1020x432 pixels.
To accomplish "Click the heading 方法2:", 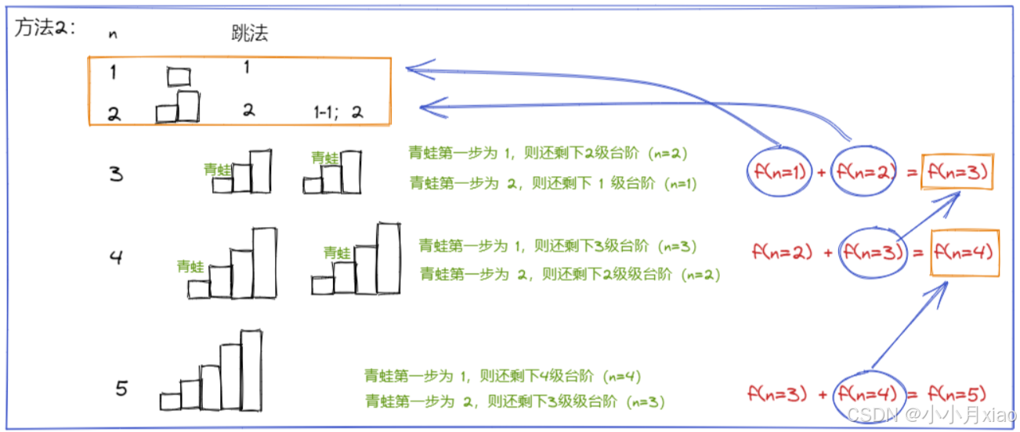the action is coord(44,29).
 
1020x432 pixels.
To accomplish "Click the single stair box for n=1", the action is coord(179,77).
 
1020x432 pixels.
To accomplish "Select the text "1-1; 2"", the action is coord(338,112).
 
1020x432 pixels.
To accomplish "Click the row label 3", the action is coord(116,174).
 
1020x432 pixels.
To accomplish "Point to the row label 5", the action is coord(121,387).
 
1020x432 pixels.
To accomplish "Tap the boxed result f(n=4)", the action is coord(964,252).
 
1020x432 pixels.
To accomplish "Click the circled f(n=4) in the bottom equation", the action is coord(870,394).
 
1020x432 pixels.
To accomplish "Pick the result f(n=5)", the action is coord(956,394).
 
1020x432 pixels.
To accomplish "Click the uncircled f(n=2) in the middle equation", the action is coord(782,252).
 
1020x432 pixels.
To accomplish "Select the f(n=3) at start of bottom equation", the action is coord(777,394).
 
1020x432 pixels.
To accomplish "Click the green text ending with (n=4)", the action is coord(502,376).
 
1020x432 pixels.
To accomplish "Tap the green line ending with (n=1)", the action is coord(552,183).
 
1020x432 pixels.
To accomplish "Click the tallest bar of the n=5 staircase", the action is coord(251,369).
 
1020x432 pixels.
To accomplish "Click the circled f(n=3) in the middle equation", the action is coord(871,252).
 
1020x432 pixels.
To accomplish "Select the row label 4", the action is coord(116,257).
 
